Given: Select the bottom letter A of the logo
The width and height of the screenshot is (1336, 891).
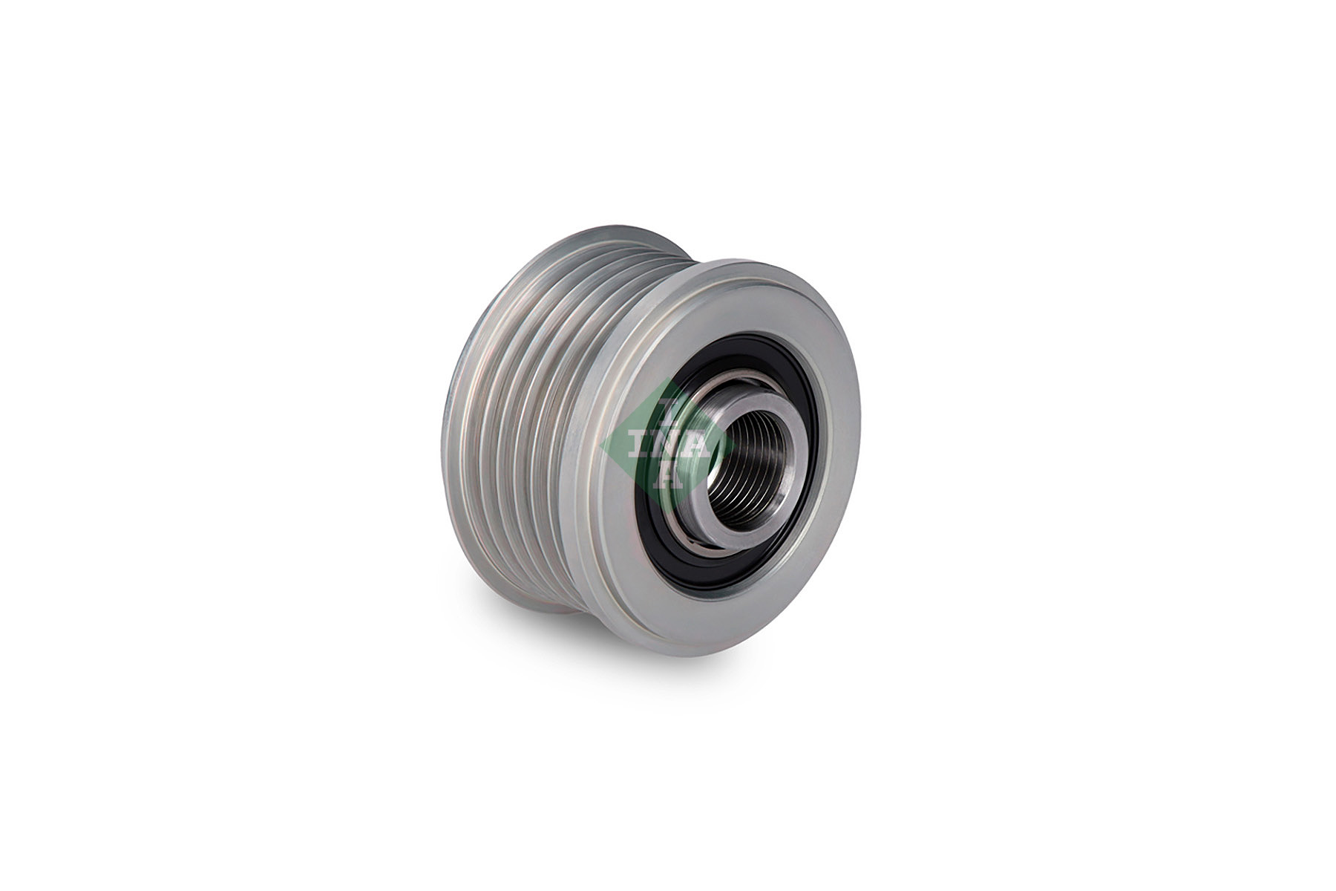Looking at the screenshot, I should coord(666,479).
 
